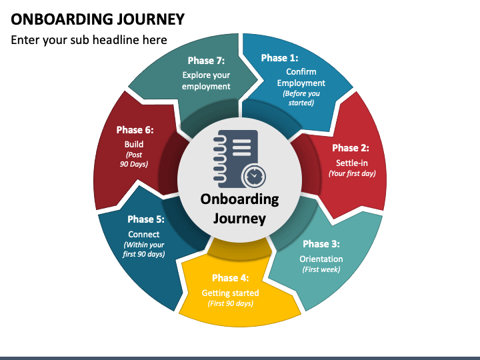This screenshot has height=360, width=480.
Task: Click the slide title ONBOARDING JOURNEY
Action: click(97, 19)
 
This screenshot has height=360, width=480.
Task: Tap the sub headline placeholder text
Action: click(89, 40)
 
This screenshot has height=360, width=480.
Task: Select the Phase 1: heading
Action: click(279, 58)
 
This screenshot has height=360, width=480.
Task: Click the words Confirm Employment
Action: click(301, 77)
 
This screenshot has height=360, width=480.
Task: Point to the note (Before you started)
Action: click(301, 98)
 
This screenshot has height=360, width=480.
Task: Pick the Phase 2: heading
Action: click(351, 148)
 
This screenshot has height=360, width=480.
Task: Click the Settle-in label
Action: click(352, 163)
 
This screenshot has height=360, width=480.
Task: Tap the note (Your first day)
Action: click(352, 173)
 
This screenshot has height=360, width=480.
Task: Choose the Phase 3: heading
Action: click(321, 244)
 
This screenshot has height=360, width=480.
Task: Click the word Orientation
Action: click(321, 259)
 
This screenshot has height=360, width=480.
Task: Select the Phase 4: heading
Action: click(231, 278)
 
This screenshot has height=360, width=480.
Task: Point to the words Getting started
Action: click(230, 293)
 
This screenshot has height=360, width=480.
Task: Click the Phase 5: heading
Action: click(146, 219)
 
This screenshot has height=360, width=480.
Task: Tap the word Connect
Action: click(143, 235)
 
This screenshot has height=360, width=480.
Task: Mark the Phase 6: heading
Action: click(135, 130)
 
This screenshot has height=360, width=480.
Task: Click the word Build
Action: click(134, 144)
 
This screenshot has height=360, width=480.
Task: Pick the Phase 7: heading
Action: click(206, 61)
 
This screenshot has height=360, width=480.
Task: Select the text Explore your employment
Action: click(206, 81)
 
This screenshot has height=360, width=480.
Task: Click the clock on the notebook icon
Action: click(253, 176)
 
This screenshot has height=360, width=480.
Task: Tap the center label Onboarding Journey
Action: click(240, 209)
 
